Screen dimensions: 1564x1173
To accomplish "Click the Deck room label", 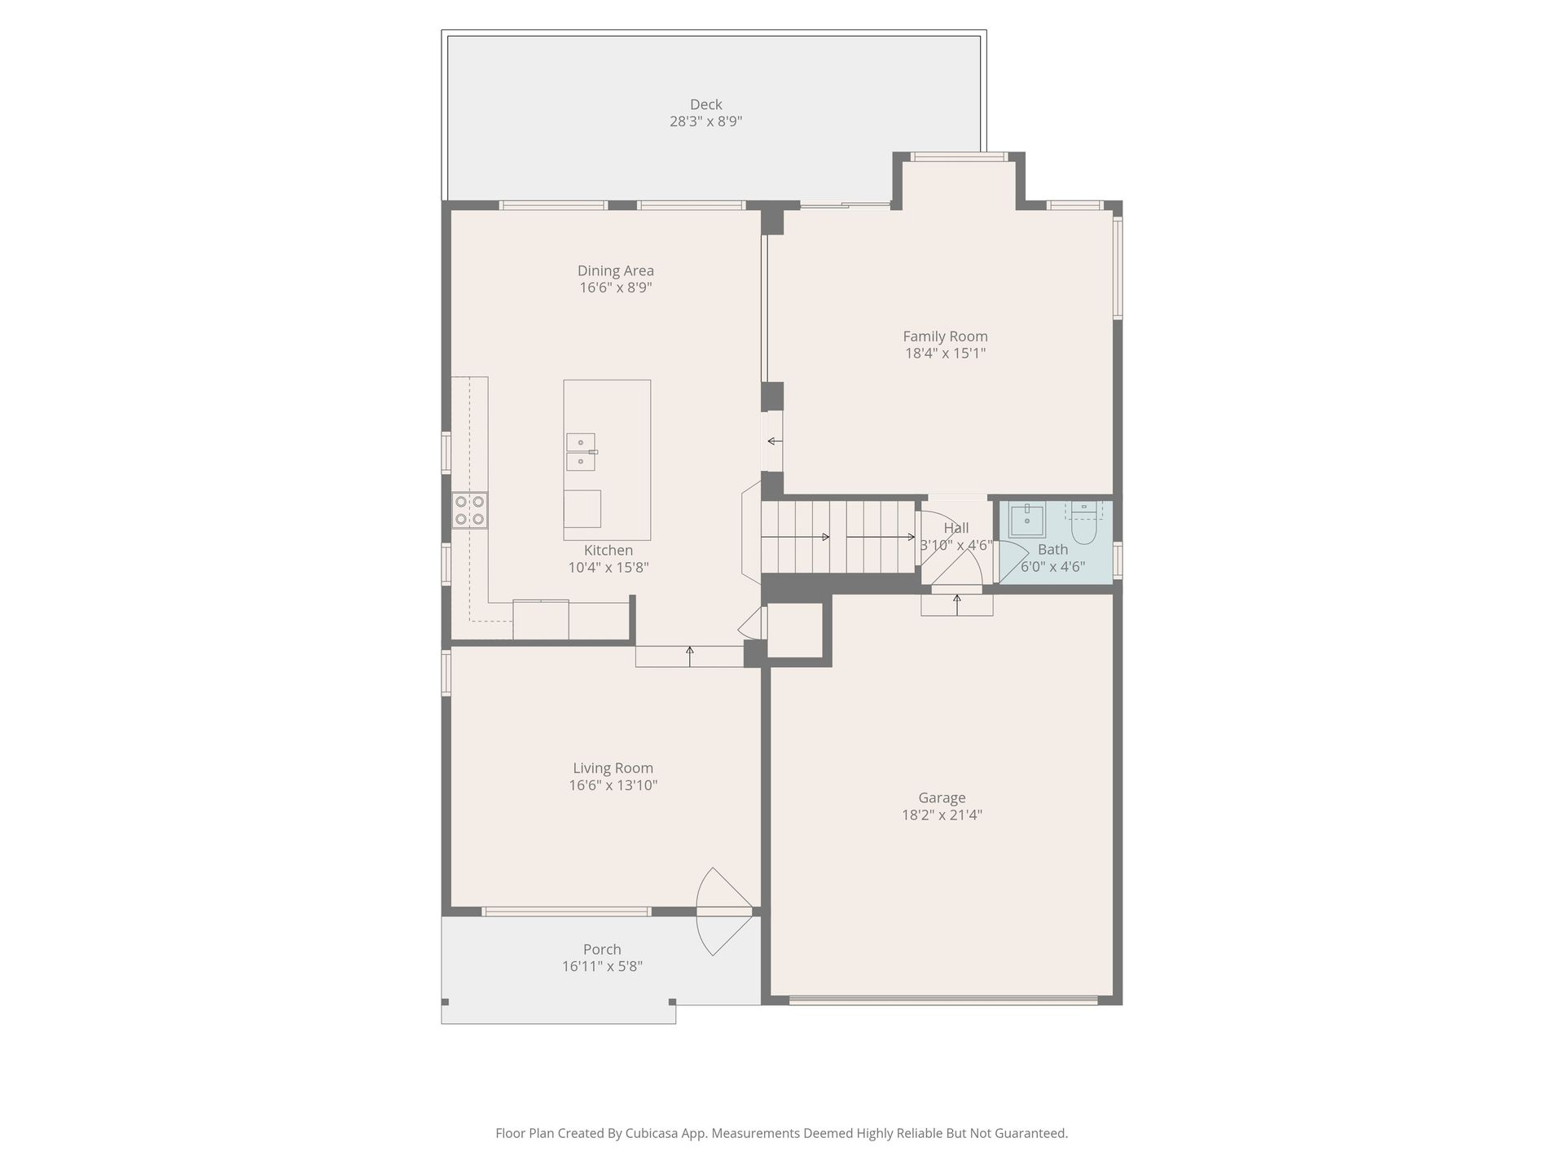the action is click(705, 104).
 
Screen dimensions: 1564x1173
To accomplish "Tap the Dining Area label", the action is click(616, 270).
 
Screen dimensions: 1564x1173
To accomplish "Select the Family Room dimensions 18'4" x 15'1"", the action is click(945, 354).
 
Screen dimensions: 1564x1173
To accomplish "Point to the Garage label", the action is click(942, 798).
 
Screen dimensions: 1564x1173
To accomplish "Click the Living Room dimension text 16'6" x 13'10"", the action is click(613, 785).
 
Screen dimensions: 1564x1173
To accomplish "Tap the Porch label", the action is click(602, 949).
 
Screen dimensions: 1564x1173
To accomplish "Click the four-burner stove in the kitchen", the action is click(470, 511).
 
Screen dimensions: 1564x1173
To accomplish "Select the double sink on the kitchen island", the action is click(582, 452).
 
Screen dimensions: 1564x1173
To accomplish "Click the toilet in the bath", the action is click(1084, 523).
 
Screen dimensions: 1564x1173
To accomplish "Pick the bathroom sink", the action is click(1027, 520).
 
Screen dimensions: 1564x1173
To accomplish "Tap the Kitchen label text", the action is click(608, 550).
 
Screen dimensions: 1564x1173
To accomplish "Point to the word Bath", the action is click(1052, 550).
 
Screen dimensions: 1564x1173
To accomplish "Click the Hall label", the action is click(956, 528).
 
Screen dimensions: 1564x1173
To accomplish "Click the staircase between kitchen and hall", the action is click(838, 537).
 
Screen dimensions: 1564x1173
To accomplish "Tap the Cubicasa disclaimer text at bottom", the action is click(781, 1133).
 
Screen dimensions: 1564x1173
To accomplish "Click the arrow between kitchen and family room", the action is click(775, 442).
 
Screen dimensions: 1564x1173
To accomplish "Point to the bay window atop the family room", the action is click(959, 156).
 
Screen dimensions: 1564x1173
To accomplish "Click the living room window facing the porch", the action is click(566, 912).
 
